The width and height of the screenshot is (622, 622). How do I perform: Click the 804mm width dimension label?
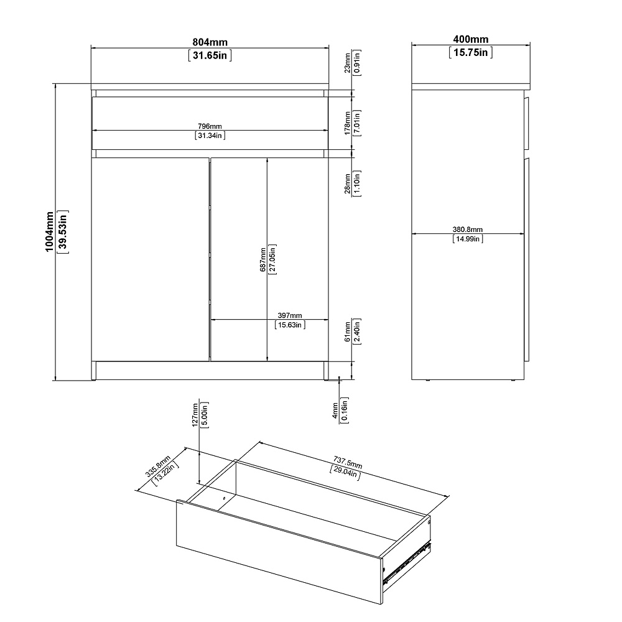(210, 42)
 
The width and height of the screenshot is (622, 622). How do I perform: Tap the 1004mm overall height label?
(49, 231)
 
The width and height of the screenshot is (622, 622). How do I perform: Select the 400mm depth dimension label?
(470, 39)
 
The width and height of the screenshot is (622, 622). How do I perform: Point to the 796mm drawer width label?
(210, 126)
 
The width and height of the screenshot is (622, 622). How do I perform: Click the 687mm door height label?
(263, 260)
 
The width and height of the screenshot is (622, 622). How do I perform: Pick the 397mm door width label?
(290, 315)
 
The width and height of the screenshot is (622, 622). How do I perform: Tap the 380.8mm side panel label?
(468, 230)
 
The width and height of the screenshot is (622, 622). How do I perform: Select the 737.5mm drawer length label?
(348, 462)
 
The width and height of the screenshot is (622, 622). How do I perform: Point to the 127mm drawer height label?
(195, 415)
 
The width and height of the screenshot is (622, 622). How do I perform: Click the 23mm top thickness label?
(347, 63)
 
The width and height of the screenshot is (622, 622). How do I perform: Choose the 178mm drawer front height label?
(348, 123)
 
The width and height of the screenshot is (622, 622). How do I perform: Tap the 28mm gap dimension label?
(348, 183)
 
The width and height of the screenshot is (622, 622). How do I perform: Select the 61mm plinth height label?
(348, 332)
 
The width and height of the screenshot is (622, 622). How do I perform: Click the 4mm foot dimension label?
(335, 411)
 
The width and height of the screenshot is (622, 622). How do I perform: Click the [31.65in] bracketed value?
(210, 55)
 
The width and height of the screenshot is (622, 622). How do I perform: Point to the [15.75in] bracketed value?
(470, 52)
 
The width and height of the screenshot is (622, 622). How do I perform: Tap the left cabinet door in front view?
(150, 259)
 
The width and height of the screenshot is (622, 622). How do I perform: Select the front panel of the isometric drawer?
(279, 551)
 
